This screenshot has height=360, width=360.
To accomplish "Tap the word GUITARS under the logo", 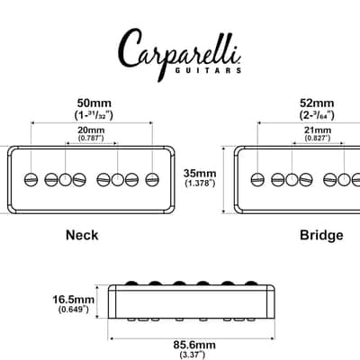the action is (208, 70).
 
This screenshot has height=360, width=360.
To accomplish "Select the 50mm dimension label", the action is (94, 103).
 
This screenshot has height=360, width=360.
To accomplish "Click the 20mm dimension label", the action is (91, 130).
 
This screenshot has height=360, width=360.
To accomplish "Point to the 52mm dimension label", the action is (317, 103).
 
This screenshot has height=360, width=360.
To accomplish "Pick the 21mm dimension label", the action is (318, 130).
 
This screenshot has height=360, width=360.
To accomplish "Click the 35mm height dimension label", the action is (200, 174).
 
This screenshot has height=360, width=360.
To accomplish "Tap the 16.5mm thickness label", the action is (74, 300).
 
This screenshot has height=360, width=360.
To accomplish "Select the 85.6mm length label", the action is (194, 345).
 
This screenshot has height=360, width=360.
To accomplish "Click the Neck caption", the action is (82, 235).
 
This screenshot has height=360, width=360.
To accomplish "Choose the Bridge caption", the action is (321, 235).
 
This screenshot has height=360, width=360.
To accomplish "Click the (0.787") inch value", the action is (91, 138).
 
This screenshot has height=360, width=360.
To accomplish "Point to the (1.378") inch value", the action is (200, 183).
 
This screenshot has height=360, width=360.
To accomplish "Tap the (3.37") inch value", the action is (193, 355).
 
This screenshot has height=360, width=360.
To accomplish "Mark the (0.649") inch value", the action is (74, 309).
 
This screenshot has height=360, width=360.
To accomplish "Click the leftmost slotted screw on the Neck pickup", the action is (31, 180).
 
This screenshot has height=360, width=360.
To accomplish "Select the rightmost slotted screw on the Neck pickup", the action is (152, 180).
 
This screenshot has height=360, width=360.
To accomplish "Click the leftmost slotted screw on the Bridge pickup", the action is (257, 180).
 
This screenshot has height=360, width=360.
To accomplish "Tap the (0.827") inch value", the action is (318, 138).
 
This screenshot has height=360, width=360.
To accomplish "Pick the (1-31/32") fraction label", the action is (94, 115).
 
